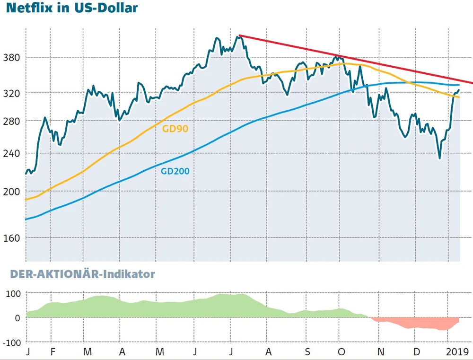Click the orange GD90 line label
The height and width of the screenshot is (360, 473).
click(x=175, y=129)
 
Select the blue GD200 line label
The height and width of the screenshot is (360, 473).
click(x=175, y=171)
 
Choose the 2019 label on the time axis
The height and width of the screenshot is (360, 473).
click(x=457, y=352)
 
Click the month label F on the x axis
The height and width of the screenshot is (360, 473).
click(x=53, y=352)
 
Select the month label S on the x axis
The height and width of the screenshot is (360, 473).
click(x=308, y=352)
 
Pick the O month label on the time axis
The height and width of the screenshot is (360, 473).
click(x=342, y=352)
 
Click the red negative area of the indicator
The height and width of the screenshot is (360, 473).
click(x=416, y=324)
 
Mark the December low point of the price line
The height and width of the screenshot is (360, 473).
click(x=439, y=159)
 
